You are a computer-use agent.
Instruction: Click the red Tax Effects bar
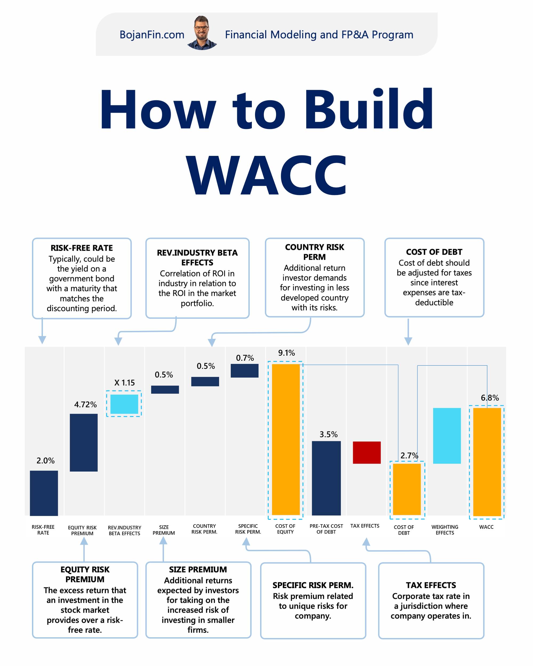(366, 453)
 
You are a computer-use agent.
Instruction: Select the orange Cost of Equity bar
(286, 440)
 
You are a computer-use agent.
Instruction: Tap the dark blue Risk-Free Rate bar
(44, 493)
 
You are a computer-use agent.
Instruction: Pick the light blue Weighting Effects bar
(447, 436)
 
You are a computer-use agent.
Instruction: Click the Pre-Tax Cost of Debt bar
(326, 478)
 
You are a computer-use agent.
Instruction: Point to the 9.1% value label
(286, 353)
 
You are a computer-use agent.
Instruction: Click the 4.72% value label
(85, 404)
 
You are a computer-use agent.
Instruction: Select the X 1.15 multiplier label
(124, 383)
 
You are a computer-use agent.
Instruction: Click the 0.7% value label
(245, 358)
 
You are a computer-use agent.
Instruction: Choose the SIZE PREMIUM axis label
(164, 530)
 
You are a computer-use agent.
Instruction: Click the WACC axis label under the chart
(486, 527)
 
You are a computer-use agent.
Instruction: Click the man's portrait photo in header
(202, 33)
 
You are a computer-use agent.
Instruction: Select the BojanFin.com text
(152, 35)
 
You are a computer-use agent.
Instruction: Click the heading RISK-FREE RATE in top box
(82, 248)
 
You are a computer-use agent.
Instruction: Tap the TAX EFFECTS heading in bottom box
(431, 585)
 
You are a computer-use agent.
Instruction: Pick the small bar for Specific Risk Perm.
(244, 371)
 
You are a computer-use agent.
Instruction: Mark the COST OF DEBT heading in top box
(434, 252)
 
